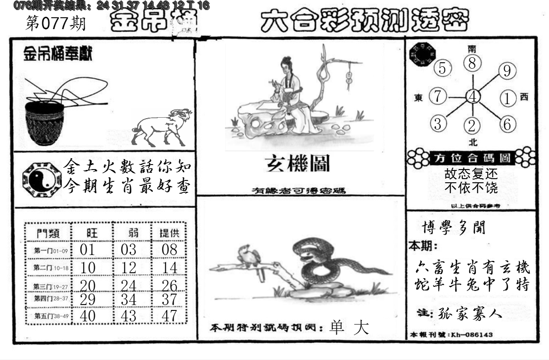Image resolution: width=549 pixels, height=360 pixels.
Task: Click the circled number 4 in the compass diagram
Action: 473,96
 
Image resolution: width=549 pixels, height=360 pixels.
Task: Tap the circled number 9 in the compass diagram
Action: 507,71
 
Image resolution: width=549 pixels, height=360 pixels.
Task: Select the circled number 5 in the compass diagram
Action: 442,69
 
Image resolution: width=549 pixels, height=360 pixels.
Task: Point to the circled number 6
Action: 507,124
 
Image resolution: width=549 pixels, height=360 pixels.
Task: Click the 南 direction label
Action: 473,49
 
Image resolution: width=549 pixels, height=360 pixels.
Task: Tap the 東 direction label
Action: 419,97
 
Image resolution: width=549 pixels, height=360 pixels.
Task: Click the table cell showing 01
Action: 87,249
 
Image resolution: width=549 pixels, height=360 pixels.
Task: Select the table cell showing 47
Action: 170,316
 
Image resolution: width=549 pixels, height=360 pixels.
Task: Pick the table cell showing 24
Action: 129,285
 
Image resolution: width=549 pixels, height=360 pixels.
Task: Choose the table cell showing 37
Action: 170,299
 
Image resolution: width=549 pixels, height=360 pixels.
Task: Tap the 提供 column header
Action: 170,233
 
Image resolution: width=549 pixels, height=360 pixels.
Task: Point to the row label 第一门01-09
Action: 50,250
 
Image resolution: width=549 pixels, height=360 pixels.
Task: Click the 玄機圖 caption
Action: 298,164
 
